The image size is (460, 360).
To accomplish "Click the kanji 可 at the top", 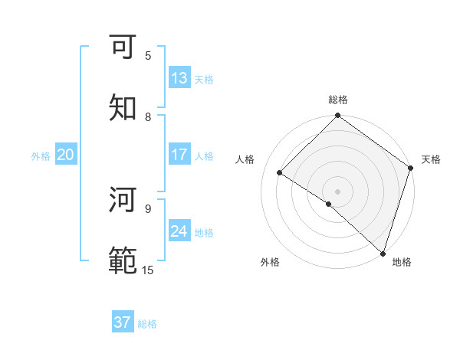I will (124, 47).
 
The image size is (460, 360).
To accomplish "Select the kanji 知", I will (124, 108).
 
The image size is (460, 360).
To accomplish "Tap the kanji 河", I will (124, 201).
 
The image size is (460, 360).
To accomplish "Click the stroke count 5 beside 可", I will (148, 55).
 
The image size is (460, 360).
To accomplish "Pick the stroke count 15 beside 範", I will (148, 270).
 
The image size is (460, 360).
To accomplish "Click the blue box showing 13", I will (179, 78).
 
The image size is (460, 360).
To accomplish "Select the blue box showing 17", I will (179, 155).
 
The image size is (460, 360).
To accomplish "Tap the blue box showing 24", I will (179, 231).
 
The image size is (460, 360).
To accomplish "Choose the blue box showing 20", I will (66, 155).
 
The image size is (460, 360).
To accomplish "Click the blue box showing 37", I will (123, 322).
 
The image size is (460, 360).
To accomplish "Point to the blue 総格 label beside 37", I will (147, 324).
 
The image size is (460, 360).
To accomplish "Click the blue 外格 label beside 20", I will (41, 156).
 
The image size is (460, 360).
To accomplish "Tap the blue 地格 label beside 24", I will (204, 233).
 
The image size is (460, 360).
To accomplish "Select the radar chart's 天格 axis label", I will (431, 159).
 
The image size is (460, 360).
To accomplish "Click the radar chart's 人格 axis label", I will (245, 159).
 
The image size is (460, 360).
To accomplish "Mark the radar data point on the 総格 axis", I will (338, 117).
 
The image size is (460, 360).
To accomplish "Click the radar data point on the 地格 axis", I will (383, 253).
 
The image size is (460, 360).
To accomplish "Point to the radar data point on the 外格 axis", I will (329, 204).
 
